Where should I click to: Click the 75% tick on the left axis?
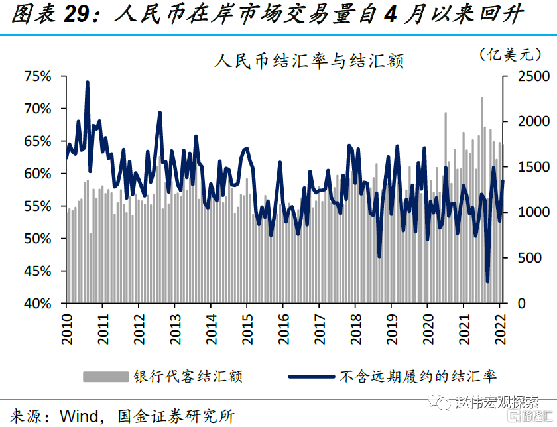[38, 76]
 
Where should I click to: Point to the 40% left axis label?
[38, 303]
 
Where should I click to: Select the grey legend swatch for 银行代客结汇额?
[105, 377]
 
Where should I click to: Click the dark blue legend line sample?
[311, 377]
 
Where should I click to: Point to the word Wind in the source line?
[79, 416]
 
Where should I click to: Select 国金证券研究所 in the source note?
[175, 416]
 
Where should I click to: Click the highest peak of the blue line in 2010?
[88, 82]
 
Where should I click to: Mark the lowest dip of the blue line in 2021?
[487, 282]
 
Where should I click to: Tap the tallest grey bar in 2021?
[481, 98]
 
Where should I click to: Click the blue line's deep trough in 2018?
[379, 257]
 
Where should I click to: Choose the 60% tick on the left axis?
[38, 174]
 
